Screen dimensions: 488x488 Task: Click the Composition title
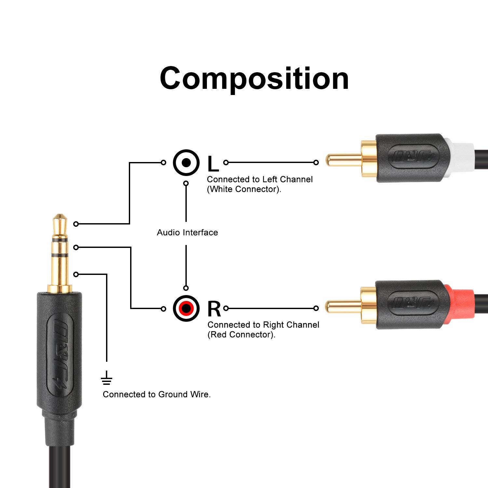[254, 79]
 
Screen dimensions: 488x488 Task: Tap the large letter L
[213, 164]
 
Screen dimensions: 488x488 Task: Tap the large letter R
[214, 309]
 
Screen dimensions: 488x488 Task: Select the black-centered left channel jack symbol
[186, 162]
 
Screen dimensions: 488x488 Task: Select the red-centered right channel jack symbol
[186, 308]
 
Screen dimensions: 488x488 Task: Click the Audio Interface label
[187, 232]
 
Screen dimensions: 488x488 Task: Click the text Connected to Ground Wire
[156, 394]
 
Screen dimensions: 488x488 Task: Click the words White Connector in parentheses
[244, 189]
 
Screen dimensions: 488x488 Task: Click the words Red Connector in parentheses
[241, 334]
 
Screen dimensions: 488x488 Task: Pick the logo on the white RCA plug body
[413, 157]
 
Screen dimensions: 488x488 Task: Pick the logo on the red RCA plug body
[413, 304]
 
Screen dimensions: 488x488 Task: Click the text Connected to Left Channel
[260, 179]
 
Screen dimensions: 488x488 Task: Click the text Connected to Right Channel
[263, 325]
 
